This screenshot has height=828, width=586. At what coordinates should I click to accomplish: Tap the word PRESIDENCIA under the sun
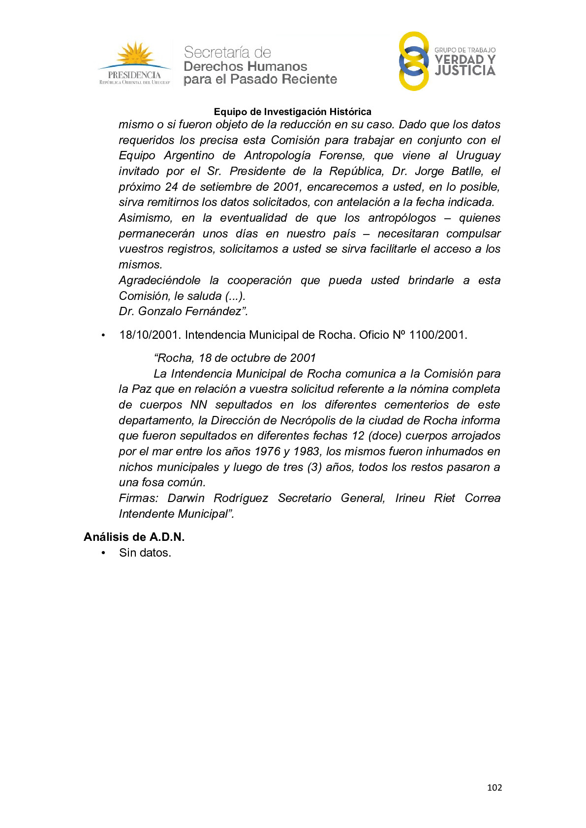click(134, 75)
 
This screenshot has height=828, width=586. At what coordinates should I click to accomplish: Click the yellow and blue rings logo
click(413, 61)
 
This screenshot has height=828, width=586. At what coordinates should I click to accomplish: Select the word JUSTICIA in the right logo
click(465, 71)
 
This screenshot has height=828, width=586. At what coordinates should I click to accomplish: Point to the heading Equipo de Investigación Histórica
click(292, 112)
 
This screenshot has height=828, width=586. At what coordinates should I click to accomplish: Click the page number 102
click(494, 787)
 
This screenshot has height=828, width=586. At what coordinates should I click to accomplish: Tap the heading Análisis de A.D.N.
click(134, 537)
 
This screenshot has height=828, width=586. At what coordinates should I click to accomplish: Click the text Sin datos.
click(145, 553)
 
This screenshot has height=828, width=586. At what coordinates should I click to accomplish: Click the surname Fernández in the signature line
click(216, 311)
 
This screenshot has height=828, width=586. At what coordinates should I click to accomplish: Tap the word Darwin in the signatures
click(186, 498)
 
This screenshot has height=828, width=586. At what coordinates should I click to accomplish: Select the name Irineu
click(410, 498)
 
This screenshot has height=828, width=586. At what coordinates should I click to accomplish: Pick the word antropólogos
click(402, 218)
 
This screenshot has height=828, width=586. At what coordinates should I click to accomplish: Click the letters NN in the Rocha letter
click(199, 405)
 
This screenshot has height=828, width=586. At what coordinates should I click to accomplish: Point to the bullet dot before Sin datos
click(103, 553)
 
